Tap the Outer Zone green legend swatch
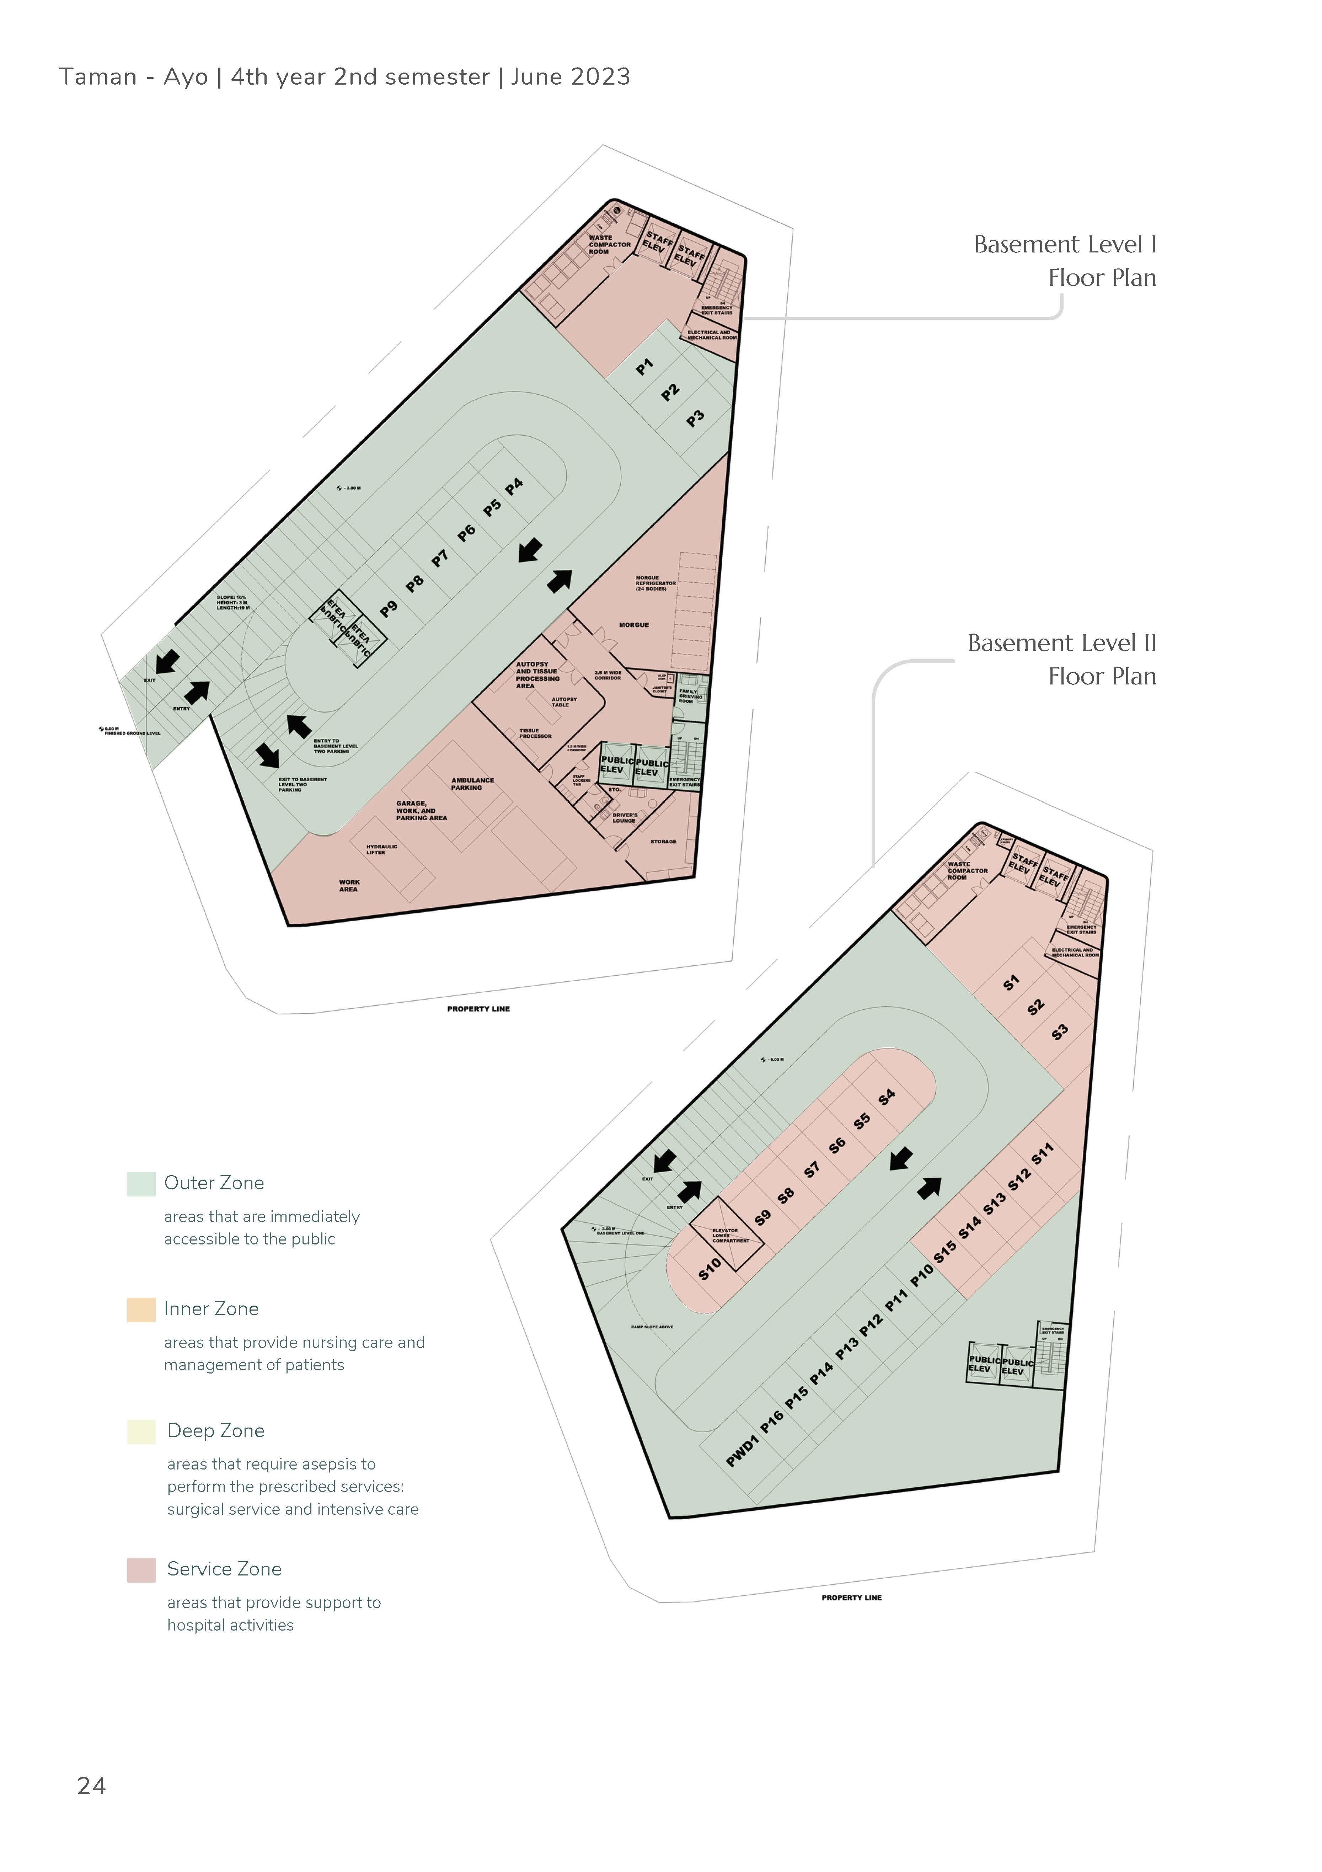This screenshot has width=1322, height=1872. [141, 1184]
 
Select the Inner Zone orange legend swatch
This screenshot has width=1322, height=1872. [141, 1310]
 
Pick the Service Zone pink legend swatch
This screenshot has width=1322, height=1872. [141, 1569]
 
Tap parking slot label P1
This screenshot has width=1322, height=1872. [645, 368]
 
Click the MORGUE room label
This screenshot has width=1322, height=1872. [633, 625]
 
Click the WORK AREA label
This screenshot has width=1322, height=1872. [349, 885]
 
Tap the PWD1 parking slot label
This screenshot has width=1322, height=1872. [743, 1451]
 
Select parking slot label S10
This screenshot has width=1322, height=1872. [710, 1269]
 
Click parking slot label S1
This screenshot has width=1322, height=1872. [1011, 983]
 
